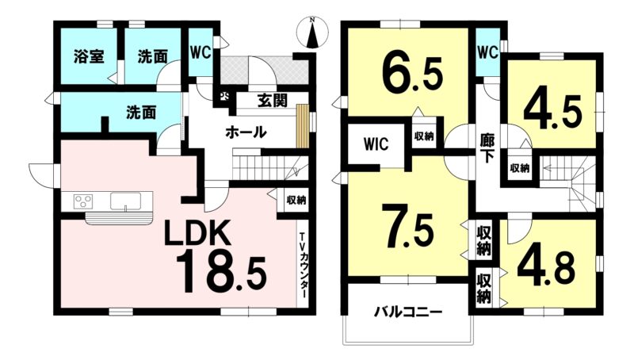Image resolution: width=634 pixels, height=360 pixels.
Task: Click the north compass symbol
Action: [x=311, y=33]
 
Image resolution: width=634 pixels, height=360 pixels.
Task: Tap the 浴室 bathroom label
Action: [x=89, y=56]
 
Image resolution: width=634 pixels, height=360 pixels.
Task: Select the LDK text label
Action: [x=197, y=233]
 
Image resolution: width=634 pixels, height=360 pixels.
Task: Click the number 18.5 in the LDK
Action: [x=221, y=271]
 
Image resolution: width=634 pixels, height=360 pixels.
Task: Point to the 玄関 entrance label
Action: [x=273, y=101]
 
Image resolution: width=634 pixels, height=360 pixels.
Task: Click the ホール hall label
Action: [x=246, y=132]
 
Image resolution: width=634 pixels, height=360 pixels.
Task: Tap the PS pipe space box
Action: [x=224, y=97]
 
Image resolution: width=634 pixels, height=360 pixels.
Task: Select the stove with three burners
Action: [x=83, y=201]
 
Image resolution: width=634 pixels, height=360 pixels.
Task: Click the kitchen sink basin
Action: [x=126, y=201]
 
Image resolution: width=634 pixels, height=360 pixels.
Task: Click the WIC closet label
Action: [x=376, y=144]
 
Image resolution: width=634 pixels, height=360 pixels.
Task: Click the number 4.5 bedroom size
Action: [x=552, y=110]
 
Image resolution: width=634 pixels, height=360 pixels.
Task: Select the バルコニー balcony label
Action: [x=408, y=312]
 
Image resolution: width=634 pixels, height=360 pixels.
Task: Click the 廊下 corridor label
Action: [x=487, y=147]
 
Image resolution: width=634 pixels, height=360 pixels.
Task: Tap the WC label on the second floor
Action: [x=487, y=52]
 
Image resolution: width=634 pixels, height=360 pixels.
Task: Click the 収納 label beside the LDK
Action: [x=296, y=200]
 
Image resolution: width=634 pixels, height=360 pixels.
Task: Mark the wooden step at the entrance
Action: [x=302, y=126]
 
